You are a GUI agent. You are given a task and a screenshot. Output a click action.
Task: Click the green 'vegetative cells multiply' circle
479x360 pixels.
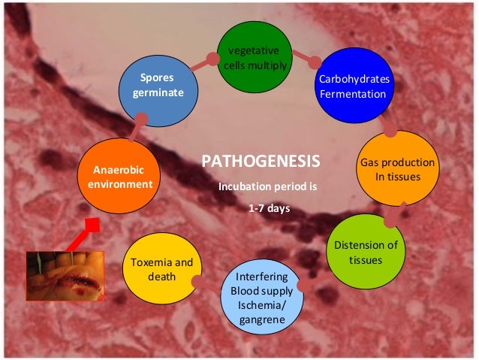[255, 58]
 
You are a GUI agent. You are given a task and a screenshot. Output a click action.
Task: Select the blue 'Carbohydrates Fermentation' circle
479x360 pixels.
[352, 86]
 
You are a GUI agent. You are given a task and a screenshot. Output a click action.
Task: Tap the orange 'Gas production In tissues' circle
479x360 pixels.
[397, 168]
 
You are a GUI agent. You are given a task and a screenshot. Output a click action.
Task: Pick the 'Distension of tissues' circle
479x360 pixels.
[366, 253]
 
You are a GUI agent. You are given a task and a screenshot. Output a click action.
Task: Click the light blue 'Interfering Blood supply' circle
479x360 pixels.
[262, 297]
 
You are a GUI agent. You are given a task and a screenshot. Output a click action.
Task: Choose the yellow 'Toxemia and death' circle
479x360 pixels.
[162, 270]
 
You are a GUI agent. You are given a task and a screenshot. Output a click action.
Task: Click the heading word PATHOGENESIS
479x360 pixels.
[261, 162]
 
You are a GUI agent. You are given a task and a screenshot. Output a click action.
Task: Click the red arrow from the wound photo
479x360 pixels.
[83, 234]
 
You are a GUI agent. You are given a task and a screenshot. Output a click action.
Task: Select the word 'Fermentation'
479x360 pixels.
[352, 94]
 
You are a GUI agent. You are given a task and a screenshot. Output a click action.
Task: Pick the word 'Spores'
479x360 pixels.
[156, 77]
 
